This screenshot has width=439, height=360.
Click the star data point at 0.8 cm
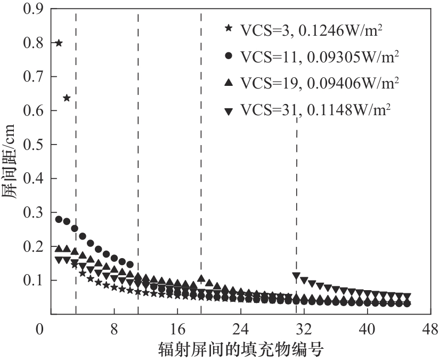tap(59, 43)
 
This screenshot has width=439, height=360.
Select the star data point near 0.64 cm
tap(67, 98)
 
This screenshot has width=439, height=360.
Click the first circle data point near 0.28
tap(59, 219)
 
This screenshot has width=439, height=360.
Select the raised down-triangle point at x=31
tap(296, 276)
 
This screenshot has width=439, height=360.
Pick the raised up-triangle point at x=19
tap(201, 278)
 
